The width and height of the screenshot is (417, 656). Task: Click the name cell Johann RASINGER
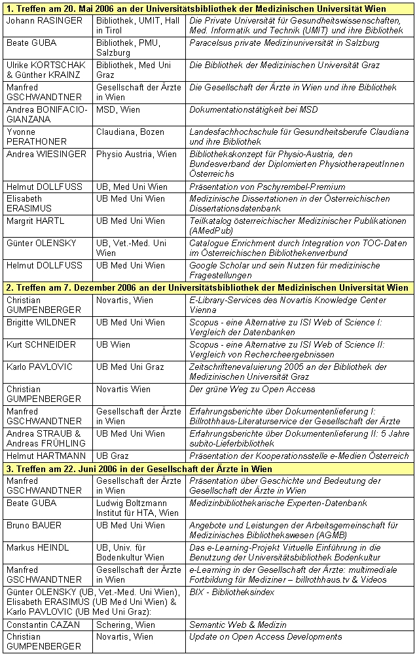(x=45, y=21)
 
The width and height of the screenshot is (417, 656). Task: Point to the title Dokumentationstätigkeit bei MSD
(x=244, y=110)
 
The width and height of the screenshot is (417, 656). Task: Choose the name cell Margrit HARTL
(x=36, y=221)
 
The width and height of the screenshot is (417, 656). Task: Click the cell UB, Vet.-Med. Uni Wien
(x=131, y=247)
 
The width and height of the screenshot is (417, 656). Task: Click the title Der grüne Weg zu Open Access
(x=252, y=389)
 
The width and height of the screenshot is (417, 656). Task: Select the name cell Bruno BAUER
(x=34, y=525)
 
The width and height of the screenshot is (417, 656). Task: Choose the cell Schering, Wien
(x=124, y=625)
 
